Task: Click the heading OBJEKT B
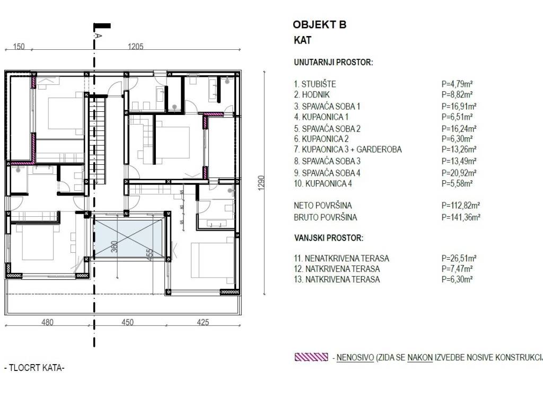(319, 24)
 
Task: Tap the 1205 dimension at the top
(136, 47)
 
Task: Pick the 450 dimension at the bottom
(127, 322)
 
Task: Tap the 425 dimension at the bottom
(203, 322)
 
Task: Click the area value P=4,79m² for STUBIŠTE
(457, 84)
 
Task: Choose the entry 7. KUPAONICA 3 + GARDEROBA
(347, 149)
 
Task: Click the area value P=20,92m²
(459, 173)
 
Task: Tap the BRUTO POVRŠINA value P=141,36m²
(461, 217)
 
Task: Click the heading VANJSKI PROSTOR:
(329, 238)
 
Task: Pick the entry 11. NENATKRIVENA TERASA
(341, 258)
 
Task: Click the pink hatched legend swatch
(311, 358)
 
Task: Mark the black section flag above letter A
(102, 25)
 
